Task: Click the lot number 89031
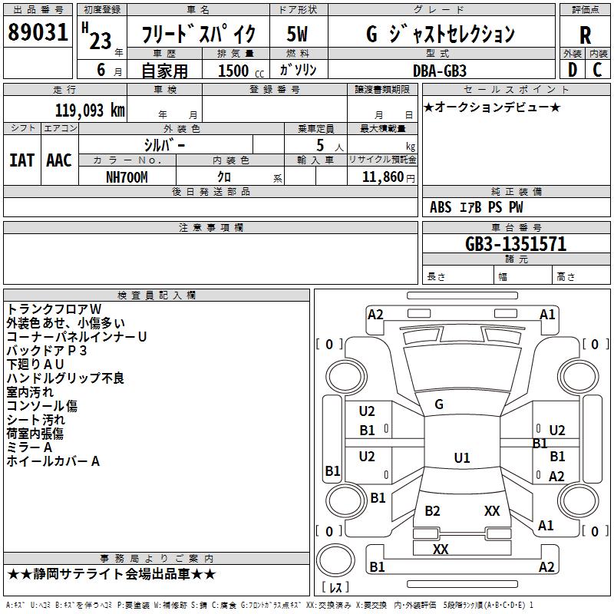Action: pyautogui.click(x=38, y=32)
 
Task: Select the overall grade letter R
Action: pyautogui.click(x=585, y=35)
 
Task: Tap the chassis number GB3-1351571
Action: pyautogui.click(x=516, y=244)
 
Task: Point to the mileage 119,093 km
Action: pyautogui.click(x=90, y=111)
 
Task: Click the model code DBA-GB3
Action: pyautogui.click(x=440, y=71)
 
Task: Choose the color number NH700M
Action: pyautogui.click(x=127, y=177)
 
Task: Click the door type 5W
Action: pyautogui.click(x=297, y=34)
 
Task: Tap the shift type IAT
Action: pyautogui.click(x=22, y=160)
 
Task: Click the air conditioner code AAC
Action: pyautogui.click(x=59, y=160)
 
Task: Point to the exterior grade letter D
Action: pyautogui.click(x=573, y=70)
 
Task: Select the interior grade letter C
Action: pyautogui.click(x=597, y=70)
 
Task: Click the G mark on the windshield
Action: pyautogui.click(x=439, y=404)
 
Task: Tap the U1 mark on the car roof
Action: pyautogui.click(x=462, y=457)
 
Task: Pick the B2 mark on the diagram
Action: pyautogui.click(x=432, y=511)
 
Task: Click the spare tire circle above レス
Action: pyautogui.click(x=335, y=560)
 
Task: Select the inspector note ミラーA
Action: pyautogui.click(x=29, y=447)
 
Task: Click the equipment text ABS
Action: pyautogui.click(x=441, y=207)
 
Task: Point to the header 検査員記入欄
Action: pyautogui.click(x=157, y=295)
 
